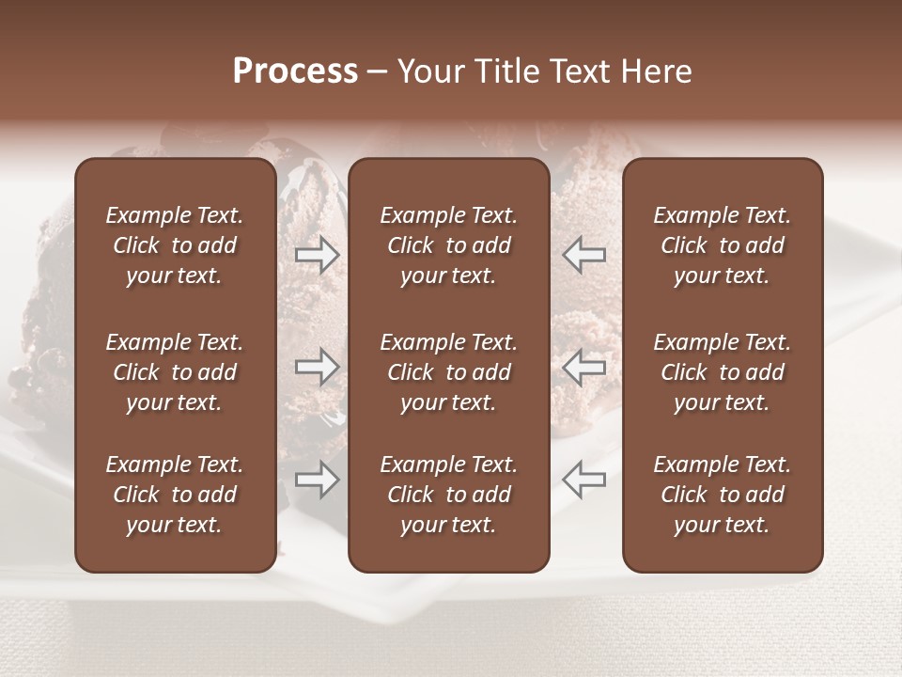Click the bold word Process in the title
[x=295, y=71]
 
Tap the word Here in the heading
[x=655, y=71]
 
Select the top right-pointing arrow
[x=318, y=255]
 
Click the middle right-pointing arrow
[x=318, y=367]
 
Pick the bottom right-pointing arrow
[x=318, y=480]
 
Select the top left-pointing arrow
[x=583, y=255]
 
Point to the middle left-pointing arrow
[x=583, y=367]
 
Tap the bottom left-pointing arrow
[x=583, y=480]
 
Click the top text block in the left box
[x=175, y=245]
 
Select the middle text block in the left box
[x=175, y=372]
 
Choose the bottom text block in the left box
[x=175, y=495]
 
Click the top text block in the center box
[x=448, y=245]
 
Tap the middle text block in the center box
[x=448, y=372]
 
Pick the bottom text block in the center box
[x=448, y=495]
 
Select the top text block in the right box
[x=722, y=245]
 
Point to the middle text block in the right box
[x=722, y=372]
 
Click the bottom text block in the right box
[x=722, y=495]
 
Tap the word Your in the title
[x=428, y=71]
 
